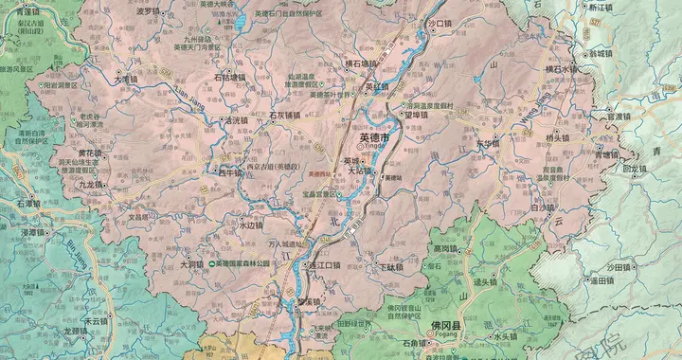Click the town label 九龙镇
click(95, 185)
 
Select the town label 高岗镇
click(445, 248)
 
